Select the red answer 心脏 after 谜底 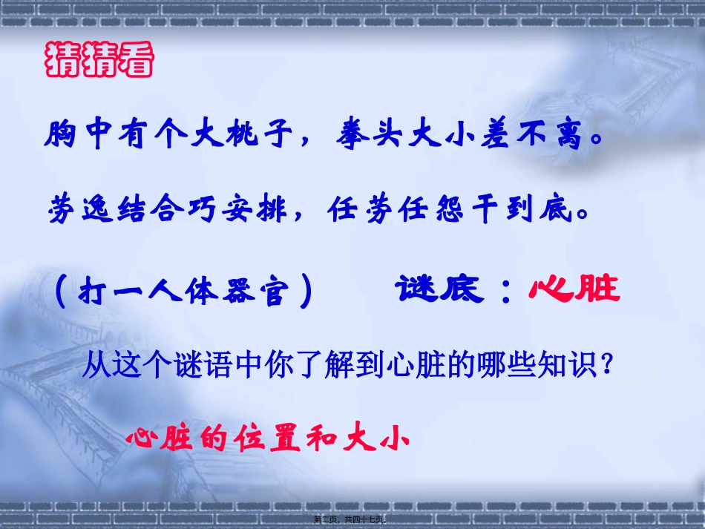coord(574,289)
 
